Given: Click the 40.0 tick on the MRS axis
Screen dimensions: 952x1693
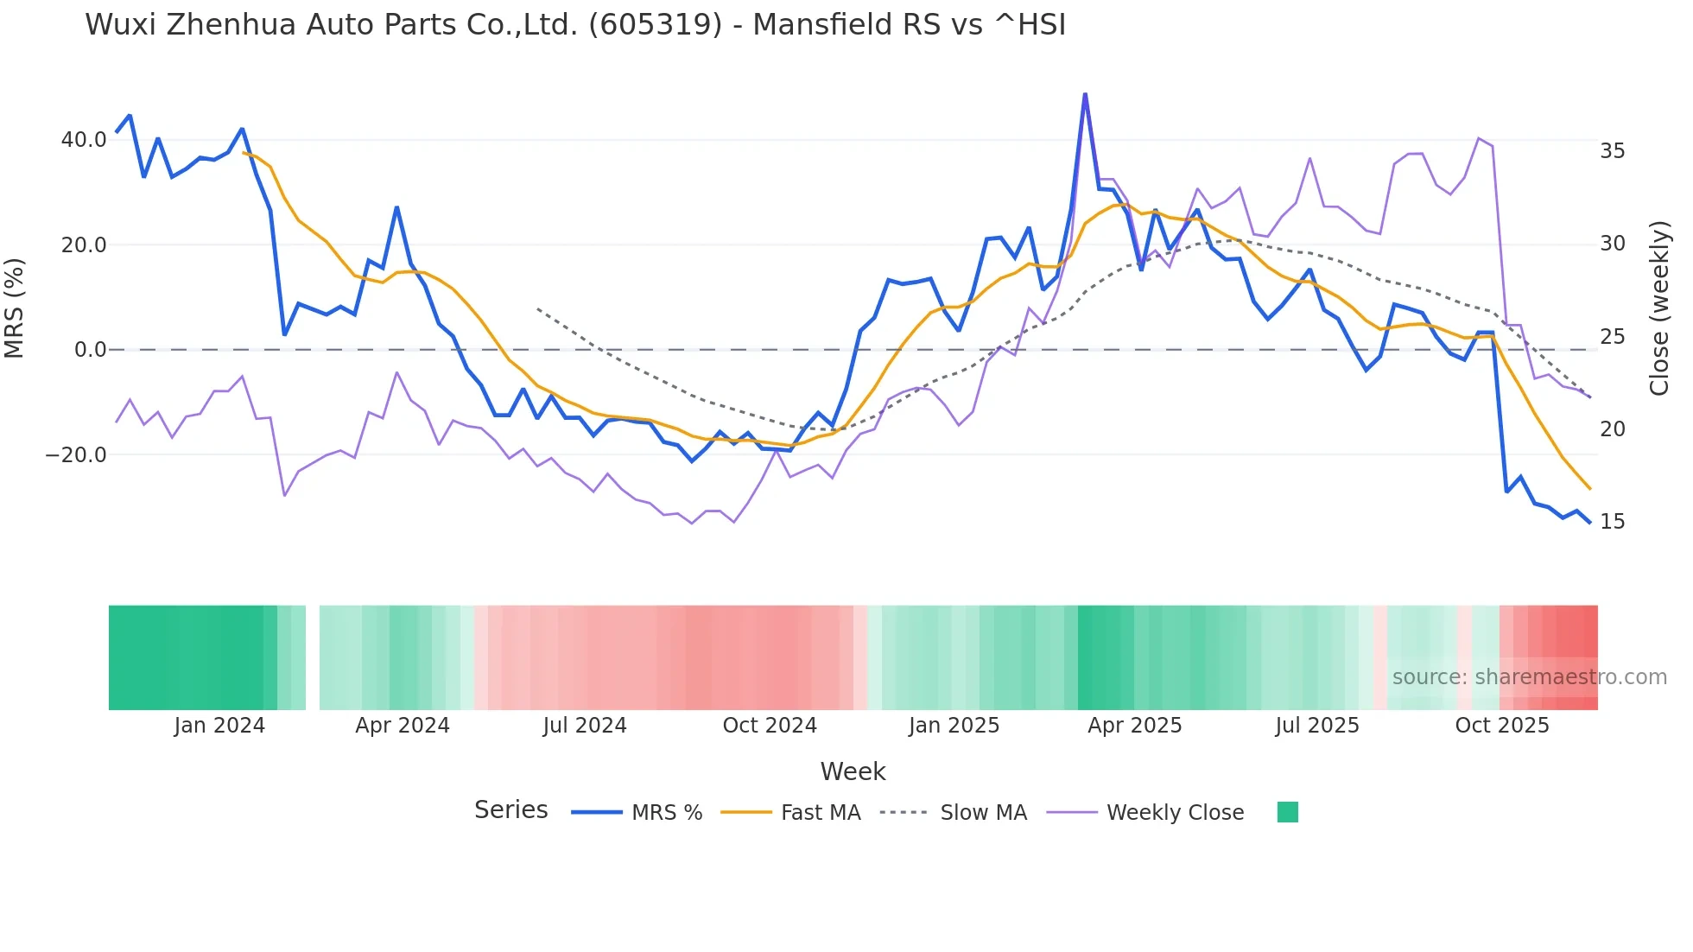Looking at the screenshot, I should (x=83, y=140).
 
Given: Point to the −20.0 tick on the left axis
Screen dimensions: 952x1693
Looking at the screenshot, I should (x=76, y=455).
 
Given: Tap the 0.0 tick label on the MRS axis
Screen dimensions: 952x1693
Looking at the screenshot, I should (x=90, y=350).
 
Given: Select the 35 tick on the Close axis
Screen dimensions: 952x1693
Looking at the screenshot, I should (x=1612, y=151).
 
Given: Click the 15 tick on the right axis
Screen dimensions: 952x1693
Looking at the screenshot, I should (x=1612, y=522).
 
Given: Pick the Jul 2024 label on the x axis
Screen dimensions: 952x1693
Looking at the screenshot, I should (x=584, y=726).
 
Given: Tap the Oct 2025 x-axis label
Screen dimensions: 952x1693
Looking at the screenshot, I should (x=1501, y=726).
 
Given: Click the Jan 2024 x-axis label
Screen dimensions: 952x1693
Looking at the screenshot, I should (x=219, y=726).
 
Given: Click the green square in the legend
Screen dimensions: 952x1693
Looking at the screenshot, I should (x=1287, y=812).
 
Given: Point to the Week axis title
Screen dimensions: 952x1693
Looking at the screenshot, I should (x=853, y=771).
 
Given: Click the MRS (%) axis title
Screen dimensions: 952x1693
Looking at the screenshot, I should (x=15, y=308).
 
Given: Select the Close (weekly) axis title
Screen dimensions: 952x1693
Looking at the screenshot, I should (x=1658, y=308).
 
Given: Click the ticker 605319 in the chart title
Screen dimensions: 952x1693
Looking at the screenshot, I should (x=655, y=25).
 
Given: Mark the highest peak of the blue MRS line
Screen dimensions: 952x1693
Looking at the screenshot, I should (x=1085, y=94).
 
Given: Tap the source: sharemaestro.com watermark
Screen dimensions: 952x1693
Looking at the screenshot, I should (x=1529, y=677).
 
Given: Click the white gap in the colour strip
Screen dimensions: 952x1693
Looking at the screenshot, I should (x=313, y=657).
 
